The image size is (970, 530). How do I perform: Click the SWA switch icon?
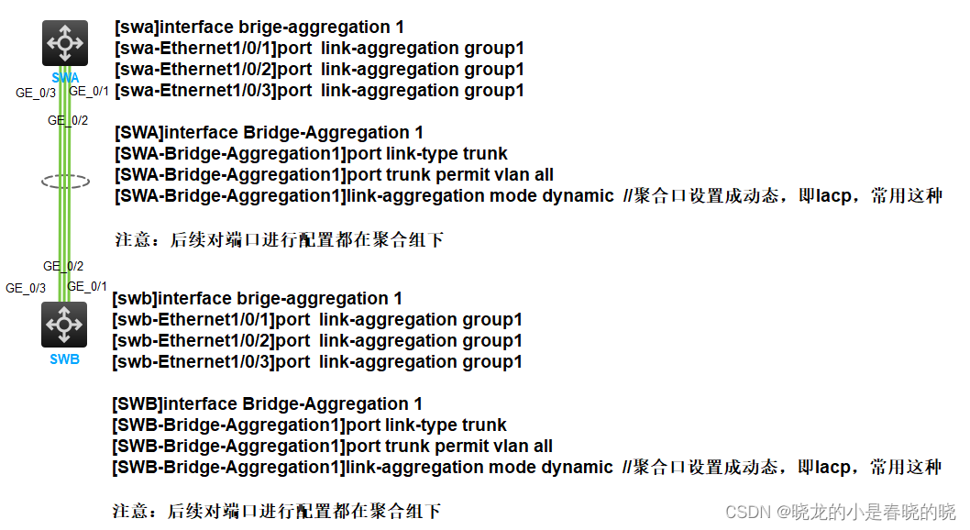64,43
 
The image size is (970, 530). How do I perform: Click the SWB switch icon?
64,325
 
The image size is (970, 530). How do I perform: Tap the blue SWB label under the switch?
64,359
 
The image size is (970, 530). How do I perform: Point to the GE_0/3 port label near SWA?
36,93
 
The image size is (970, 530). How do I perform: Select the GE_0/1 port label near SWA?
89,92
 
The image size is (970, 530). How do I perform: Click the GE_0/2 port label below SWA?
68,120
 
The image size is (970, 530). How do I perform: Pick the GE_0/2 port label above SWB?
63,266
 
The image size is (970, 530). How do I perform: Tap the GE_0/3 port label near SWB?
26,288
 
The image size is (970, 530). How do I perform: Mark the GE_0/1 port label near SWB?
87,287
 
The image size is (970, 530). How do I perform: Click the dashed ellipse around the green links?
65,182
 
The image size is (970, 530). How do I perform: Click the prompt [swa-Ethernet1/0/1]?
195,49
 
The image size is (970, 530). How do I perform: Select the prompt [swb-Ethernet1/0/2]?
193,341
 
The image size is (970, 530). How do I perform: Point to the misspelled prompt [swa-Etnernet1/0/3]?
195,91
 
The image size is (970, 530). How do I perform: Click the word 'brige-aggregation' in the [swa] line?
296,28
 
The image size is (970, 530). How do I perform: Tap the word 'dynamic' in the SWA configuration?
579,196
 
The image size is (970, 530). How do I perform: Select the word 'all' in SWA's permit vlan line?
544,175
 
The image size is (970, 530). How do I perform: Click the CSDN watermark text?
840,512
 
